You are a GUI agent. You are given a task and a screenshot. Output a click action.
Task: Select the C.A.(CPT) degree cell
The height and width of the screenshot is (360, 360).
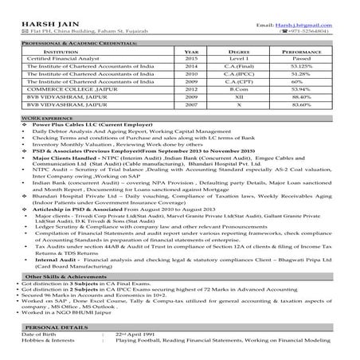[x=241, y=81]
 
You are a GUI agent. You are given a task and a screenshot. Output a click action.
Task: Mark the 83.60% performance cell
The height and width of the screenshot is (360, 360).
[x=299, y=104]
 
